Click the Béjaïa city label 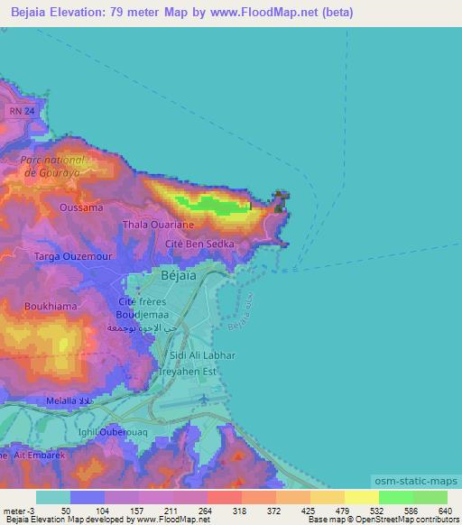pos(177,274)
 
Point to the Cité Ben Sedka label pos(200,244)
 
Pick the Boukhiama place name pos(52,306)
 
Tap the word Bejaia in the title pos(30,13)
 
